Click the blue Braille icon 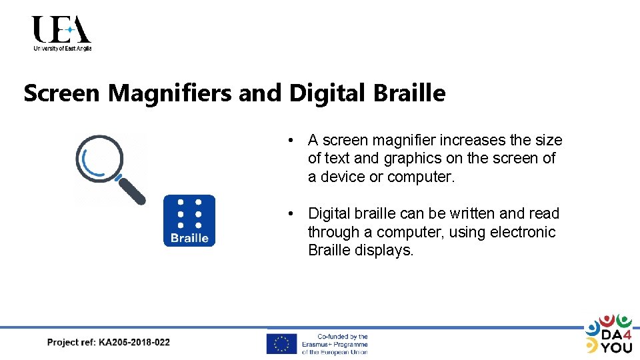click(x=189, y=221)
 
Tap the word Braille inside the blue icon click(x=189, y=238)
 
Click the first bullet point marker click(x=291, y=141)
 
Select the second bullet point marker click(x=291, y=214)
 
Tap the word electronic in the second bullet click(x=522, y=232)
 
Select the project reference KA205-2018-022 click(x=134, y=343)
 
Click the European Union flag click(x=281, y=344)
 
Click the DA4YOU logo click(x=608, y=333)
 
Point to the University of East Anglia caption click(x=62, y=49)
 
